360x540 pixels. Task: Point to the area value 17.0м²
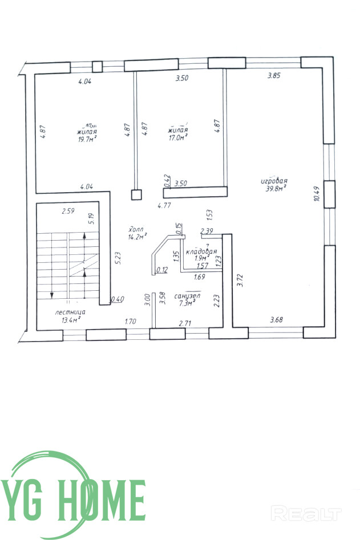177,137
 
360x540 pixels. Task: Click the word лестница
70,312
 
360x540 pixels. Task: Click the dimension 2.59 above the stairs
68,212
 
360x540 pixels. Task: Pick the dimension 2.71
185,323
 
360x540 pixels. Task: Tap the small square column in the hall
136,194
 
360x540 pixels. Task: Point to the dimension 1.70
131,322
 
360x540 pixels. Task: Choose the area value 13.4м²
70,320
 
